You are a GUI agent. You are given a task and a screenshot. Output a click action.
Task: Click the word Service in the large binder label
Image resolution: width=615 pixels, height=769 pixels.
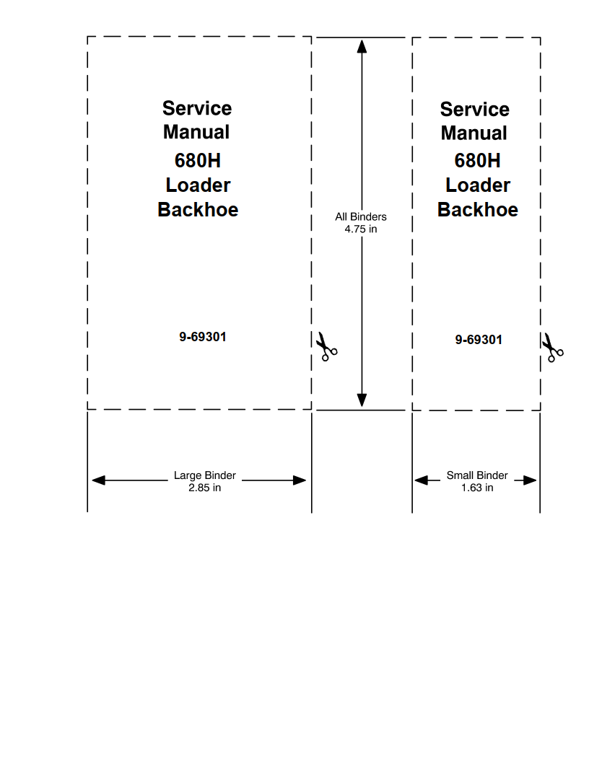click(x=197, y=109)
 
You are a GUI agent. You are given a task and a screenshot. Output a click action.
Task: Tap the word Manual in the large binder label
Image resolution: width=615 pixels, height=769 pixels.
click(x=196, y=133)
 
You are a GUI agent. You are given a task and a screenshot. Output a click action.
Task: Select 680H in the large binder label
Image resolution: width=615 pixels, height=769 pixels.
click(x=198, y=160)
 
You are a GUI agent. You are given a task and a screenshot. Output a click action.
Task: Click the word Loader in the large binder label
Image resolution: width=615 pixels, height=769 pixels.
click(x=198, y=185)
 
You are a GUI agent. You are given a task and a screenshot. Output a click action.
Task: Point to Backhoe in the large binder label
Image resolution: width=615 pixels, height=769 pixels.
click(x=198, y=210)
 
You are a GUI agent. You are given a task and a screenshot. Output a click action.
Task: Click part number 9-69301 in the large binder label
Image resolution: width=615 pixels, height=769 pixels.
click(x=203, y=337)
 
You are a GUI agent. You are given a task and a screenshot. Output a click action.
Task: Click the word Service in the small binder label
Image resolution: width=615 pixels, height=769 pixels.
click(x=474, y=110)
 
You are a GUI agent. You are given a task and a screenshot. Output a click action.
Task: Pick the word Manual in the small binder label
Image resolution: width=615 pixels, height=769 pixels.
click(x=474, y=133)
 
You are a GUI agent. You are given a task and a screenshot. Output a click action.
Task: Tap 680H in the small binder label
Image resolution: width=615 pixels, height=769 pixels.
click(x=477, y=160)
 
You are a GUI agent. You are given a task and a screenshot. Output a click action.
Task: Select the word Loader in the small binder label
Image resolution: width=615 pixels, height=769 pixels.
click(x=478, y=185)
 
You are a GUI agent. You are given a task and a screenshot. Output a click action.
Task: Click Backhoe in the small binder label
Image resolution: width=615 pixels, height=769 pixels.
click(x=478, y=210)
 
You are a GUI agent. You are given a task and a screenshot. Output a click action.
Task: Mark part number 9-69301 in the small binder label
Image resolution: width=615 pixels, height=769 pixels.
click(x=479, y=340)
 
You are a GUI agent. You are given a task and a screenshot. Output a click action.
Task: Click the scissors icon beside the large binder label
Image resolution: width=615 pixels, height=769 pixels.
click(x=326, y=346)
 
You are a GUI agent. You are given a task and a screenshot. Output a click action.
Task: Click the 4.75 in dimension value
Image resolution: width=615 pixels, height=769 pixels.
click(x=361, y=229)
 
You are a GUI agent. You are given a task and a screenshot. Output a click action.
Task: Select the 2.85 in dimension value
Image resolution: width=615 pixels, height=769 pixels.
click(x=204, y=488)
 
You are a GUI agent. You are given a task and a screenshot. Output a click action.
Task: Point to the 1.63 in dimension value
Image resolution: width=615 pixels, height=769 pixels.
click(x=477, y=488)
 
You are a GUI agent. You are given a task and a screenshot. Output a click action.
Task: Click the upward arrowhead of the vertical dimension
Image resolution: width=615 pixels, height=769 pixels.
click(x=362, y=47)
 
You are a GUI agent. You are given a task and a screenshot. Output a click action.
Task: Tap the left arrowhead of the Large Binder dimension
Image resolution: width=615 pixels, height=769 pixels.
click(x=98, y=480)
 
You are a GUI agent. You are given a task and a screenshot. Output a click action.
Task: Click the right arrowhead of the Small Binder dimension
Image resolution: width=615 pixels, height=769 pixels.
click(x=531, y=480)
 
